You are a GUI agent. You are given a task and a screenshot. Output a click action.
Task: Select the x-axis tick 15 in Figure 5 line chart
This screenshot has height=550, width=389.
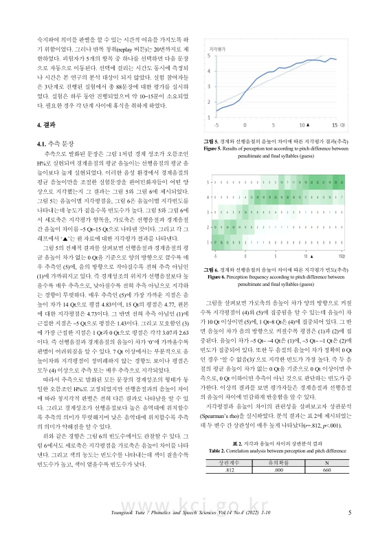point(335,125)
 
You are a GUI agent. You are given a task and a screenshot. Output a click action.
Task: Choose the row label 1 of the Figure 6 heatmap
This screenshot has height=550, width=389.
point(211,242)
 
